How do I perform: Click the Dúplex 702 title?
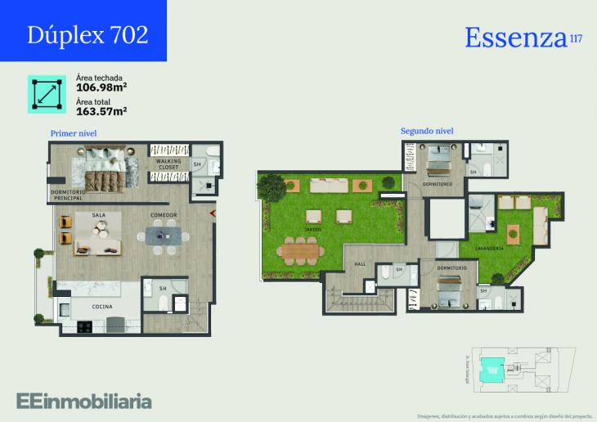coord(88,34)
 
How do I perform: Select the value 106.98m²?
coord(101,87)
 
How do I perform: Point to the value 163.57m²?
coord(101,110)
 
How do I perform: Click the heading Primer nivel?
coord(74,132)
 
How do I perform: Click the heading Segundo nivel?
coord(427,131)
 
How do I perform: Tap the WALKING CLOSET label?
coord(168,164)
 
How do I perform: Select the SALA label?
coord(99,215)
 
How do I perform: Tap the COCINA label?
coord(102,307)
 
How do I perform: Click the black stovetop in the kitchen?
coord(85,326)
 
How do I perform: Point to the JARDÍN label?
coord(312,230)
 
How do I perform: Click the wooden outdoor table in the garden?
coord(298,251)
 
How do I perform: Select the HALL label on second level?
coord(360,264)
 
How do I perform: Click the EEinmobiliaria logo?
coord(84,401)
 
